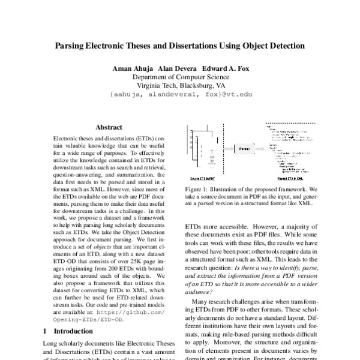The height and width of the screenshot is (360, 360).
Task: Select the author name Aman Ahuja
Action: click(x=133, y=68)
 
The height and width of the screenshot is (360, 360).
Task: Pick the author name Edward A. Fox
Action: click(x=224, y=68)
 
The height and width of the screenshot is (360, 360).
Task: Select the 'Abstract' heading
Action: click(x=109, y=128)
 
